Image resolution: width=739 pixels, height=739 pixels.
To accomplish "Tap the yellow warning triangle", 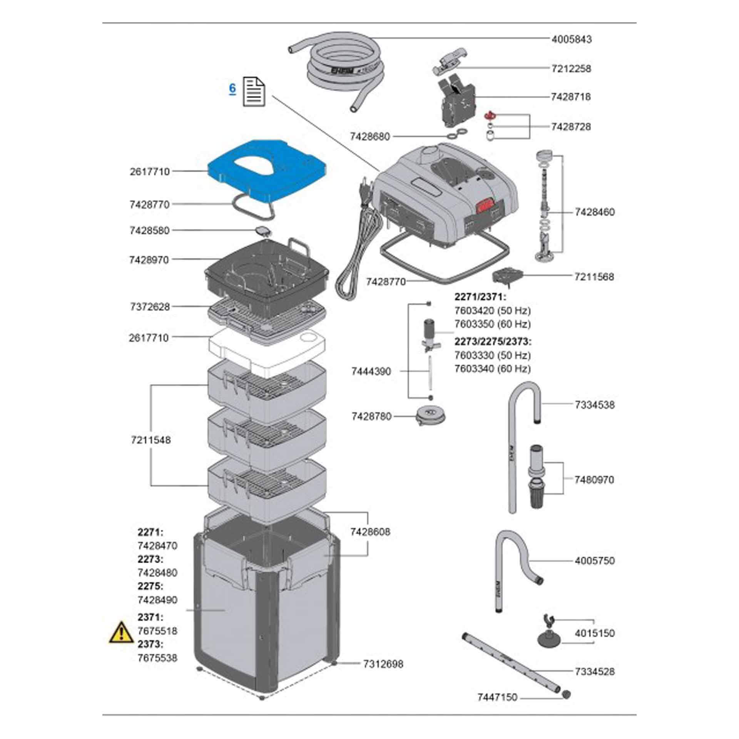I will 122,643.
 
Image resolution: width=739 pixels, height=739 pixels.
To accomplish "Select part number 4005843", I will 572,39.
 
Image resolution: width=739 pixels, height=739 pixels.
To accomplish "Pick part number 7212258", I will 571,69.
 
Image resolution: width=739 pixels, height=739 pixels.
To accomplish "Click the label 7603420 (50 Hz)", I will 492,310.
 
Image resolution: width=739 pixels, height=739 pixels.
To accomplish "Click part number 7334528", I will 595,672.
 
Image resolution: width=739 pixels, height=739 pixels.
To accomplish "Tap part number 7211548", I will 150,440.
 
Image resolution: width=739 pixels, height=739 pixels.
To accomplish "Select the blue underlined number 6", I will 232,89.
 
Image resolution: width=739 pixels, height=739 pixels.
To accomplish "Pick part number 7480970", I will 594,480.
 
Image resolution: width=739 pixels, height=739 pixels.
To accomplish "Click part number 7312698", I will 383,664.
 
